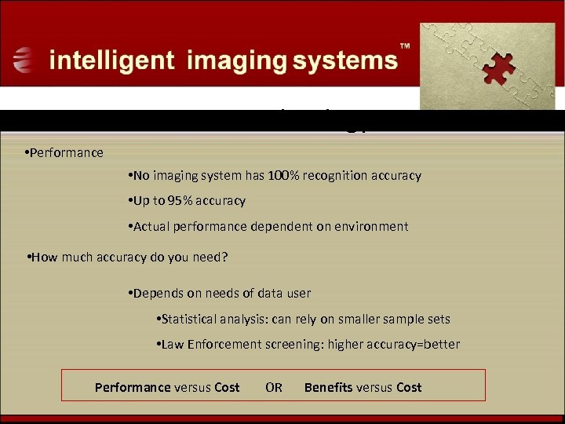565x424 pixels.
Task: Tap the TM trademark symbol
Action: (405, 47)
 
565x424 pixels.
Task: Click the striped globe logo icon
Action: (24, 60)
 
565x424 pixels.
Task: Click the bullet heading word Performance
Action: (67, 152)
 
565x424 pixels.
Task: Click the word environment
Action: (370, 226)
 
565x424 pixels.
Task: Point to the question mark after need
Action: (224, 256)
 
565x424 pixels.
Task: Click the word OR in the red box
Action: (274, 387)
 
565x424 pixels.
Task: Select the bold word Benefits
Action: (328, 387)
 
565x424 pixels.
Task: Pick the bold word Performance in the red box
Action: (133, 387)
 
